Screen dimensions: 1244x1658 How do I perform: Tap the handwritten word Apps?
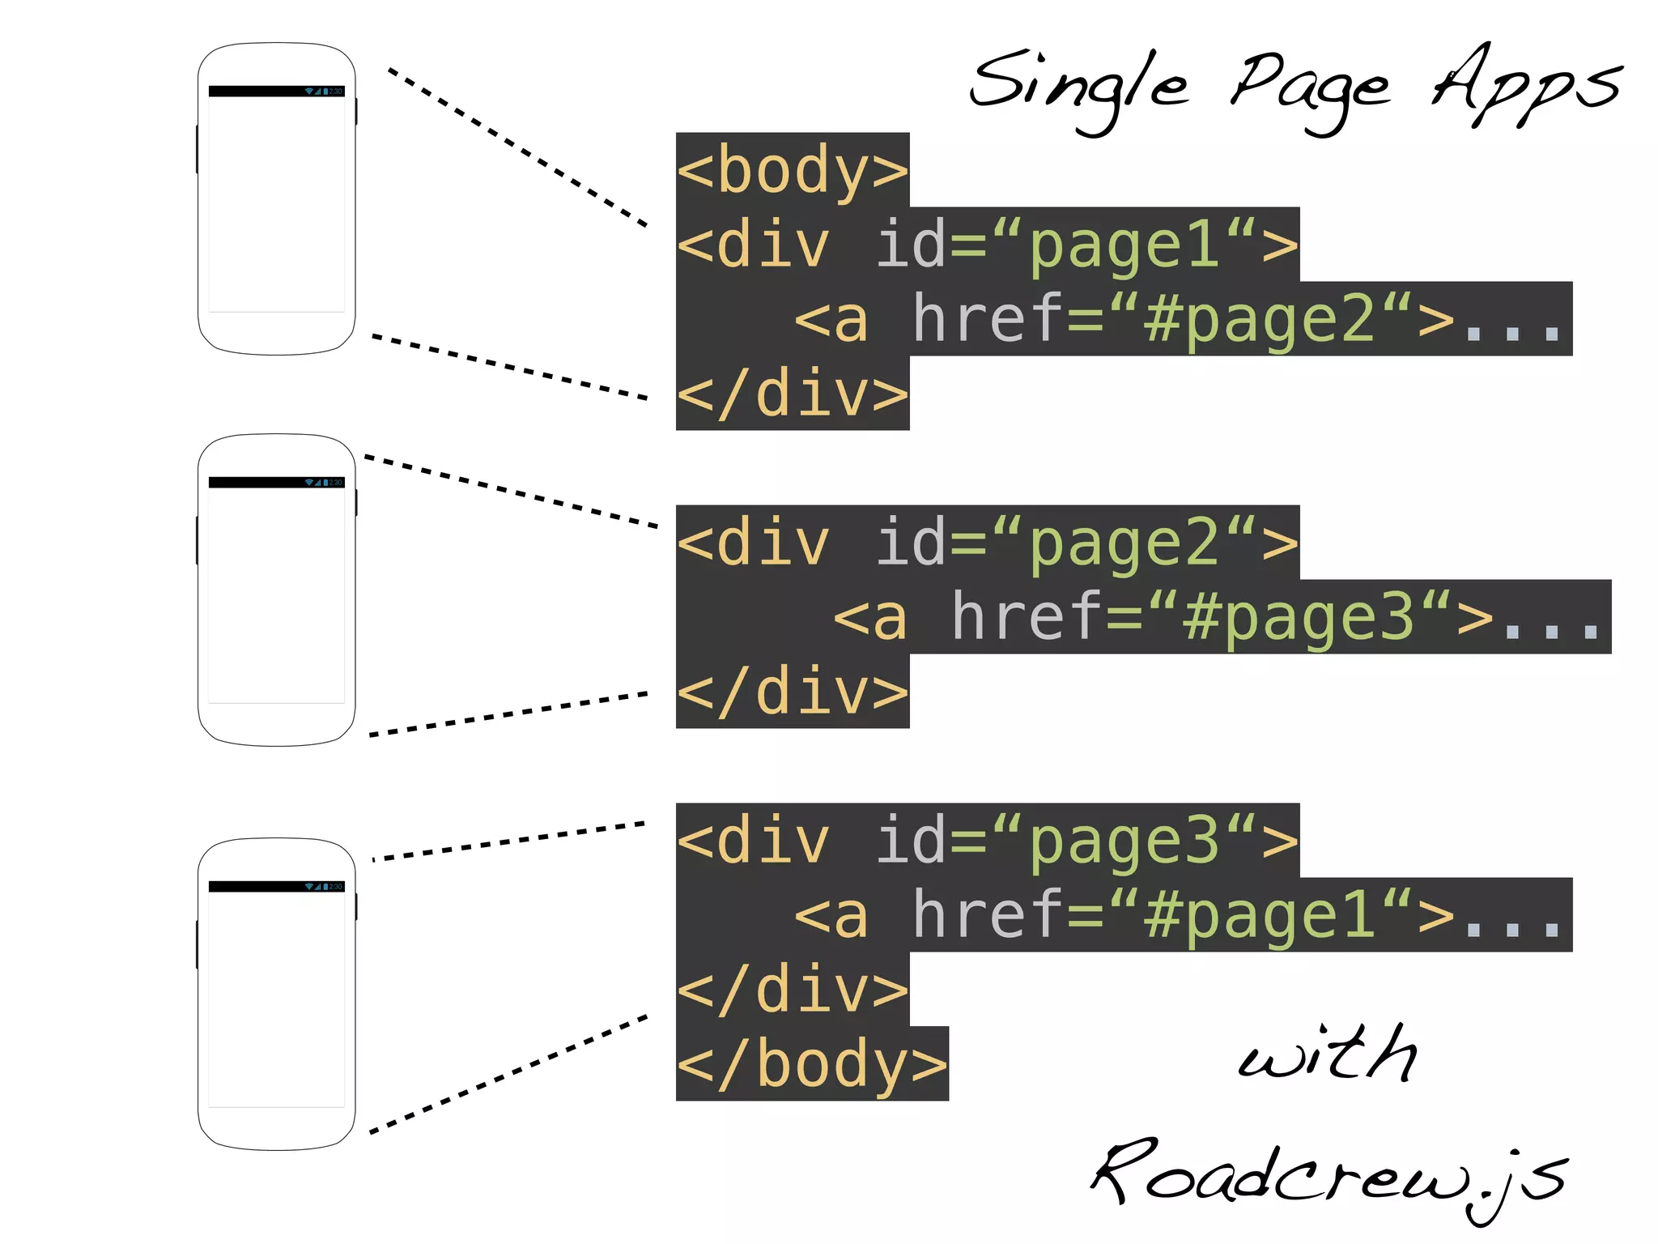pos(1526,84)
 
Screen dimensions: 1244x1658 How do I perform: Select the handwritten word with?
pos(1328,1054)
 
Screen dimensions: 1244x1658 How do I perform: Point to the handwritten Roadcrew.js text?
pos(1328,1174)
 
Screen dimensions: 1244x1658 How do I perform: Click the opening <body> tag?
pos(793,170)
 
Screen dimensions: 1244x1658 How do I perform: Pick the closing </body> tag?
pos(812,1064)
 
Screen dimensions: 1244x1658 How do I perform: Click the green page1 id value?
pos(1124,245)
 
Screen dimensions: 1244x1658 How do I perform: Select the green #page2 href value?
pos(1260,319)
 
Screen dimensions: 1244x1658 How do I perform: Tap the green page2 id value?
pos(1124,543)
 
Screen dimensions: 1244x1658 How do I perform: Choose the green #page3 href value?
pos(1299,617)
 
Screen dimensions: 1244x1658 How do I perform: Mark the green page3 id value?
pos(1124,841)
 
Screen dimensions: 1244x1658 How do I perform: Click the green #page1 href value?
pos(1260,915)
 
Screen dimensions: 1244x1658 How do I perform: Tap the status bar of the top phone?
pos(276,92)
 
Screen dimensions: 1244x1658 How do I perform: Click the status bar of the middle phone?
pos(276,483)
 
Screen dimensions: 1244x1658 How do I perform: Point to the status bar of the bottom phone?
pos(276,887)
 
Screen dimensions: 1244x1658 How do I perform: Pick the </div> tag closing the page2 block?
pos(793,692)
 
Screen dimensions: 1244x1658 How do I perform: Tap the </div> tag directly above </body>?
pos(793,990)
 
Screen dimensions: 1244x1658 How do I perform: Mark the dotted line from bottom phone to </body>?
pos(508,1074)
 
